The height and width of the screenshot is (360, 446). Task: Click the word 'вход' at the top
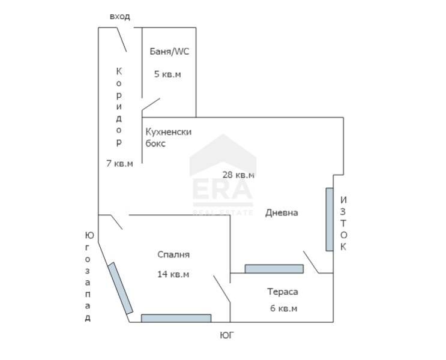(x=119, y=16)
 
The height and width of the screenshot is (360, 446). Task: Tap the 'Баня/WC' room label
(x=169, y=52)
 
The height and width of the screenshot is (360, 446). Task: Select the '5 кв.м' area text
(x=167, y=74)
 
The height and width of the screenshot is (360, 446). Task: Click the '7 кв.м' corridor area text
(x=119, y=163)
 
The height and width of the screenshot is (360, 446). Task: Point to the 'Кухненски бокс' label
(x=167, y=137)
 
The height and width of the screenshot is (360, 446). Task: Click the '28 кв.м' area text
(x=238, y=175)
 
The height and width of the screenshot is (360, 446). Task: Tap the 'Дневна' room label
(x=282, y=212)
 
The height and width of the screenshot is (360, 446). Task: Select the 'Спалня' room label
(x=173, y=254)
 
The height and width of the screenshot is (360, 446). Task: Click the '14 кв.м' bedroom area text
(x=173, y=274)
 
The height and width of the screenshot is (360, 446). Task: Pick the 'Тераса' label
(x=282, y=292)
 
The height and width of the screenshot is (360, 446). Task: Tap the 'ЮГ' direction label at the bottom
(x=226, y=335)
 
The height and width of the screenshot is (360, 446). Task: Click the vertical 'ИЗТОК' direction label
(x=343, y=223)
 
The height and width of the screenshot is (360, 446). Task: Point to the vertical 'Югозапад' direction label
(x=88, y=277)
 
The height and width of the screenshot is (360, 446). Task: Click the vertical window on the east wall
(x=330, y=219)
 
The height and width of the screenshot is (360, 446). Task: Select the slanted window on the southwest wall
(x=120, y=288)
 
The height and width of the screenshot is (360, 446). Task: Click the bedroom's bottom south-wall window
(x=176, y=318)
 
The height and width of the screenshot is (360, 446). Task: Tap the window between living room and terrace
(x=274, y=269)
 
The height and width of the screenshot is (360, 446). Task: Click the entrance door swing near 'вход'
(x=120, y=40)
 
